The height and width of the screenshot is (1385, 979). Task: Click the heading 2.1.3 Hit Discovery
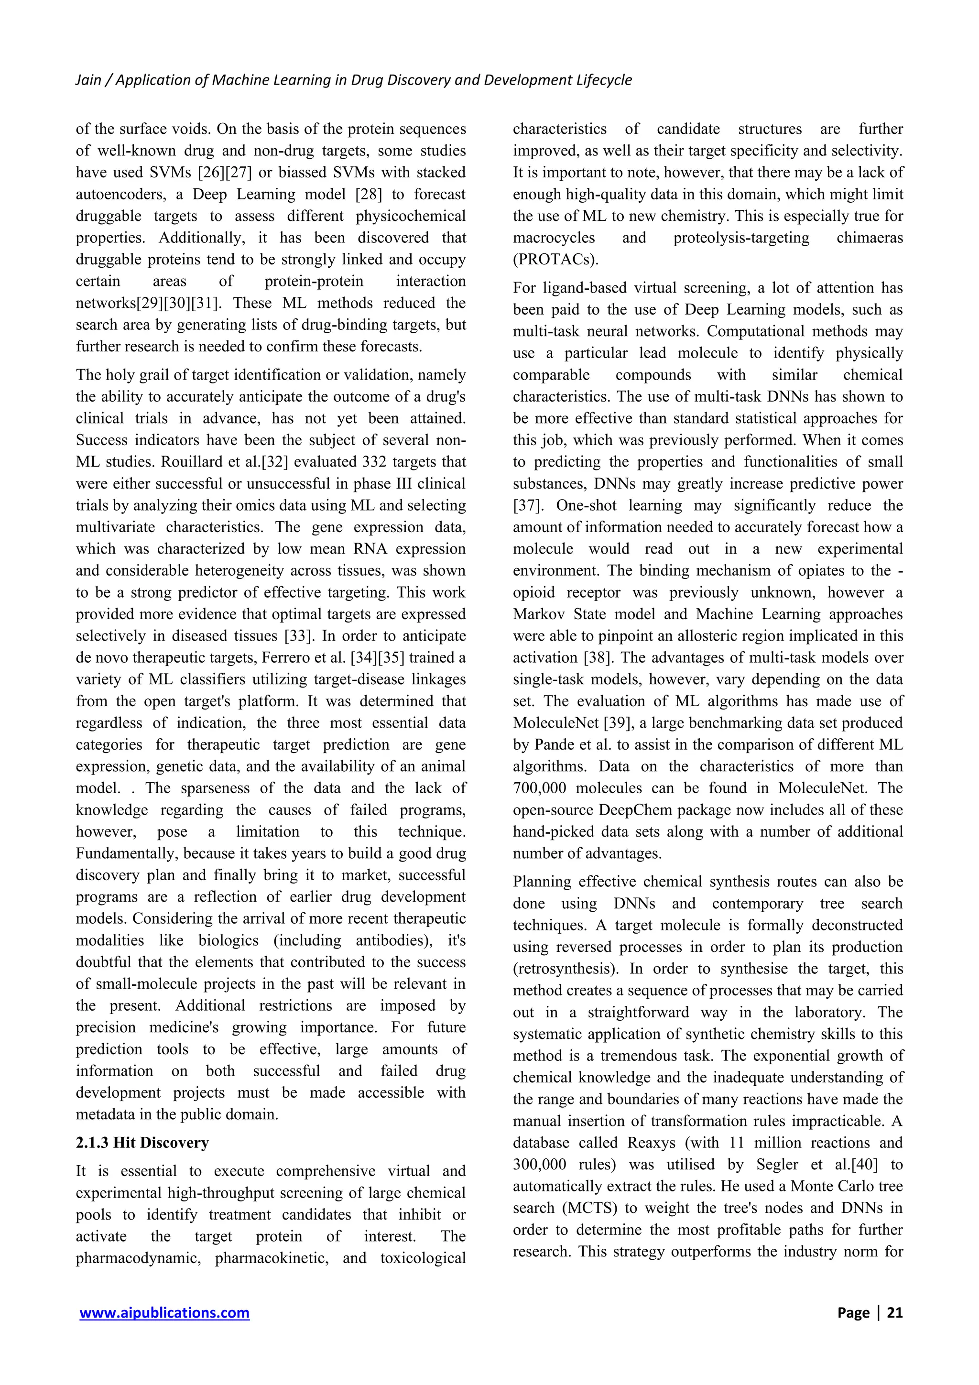tap(142, 1143)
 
